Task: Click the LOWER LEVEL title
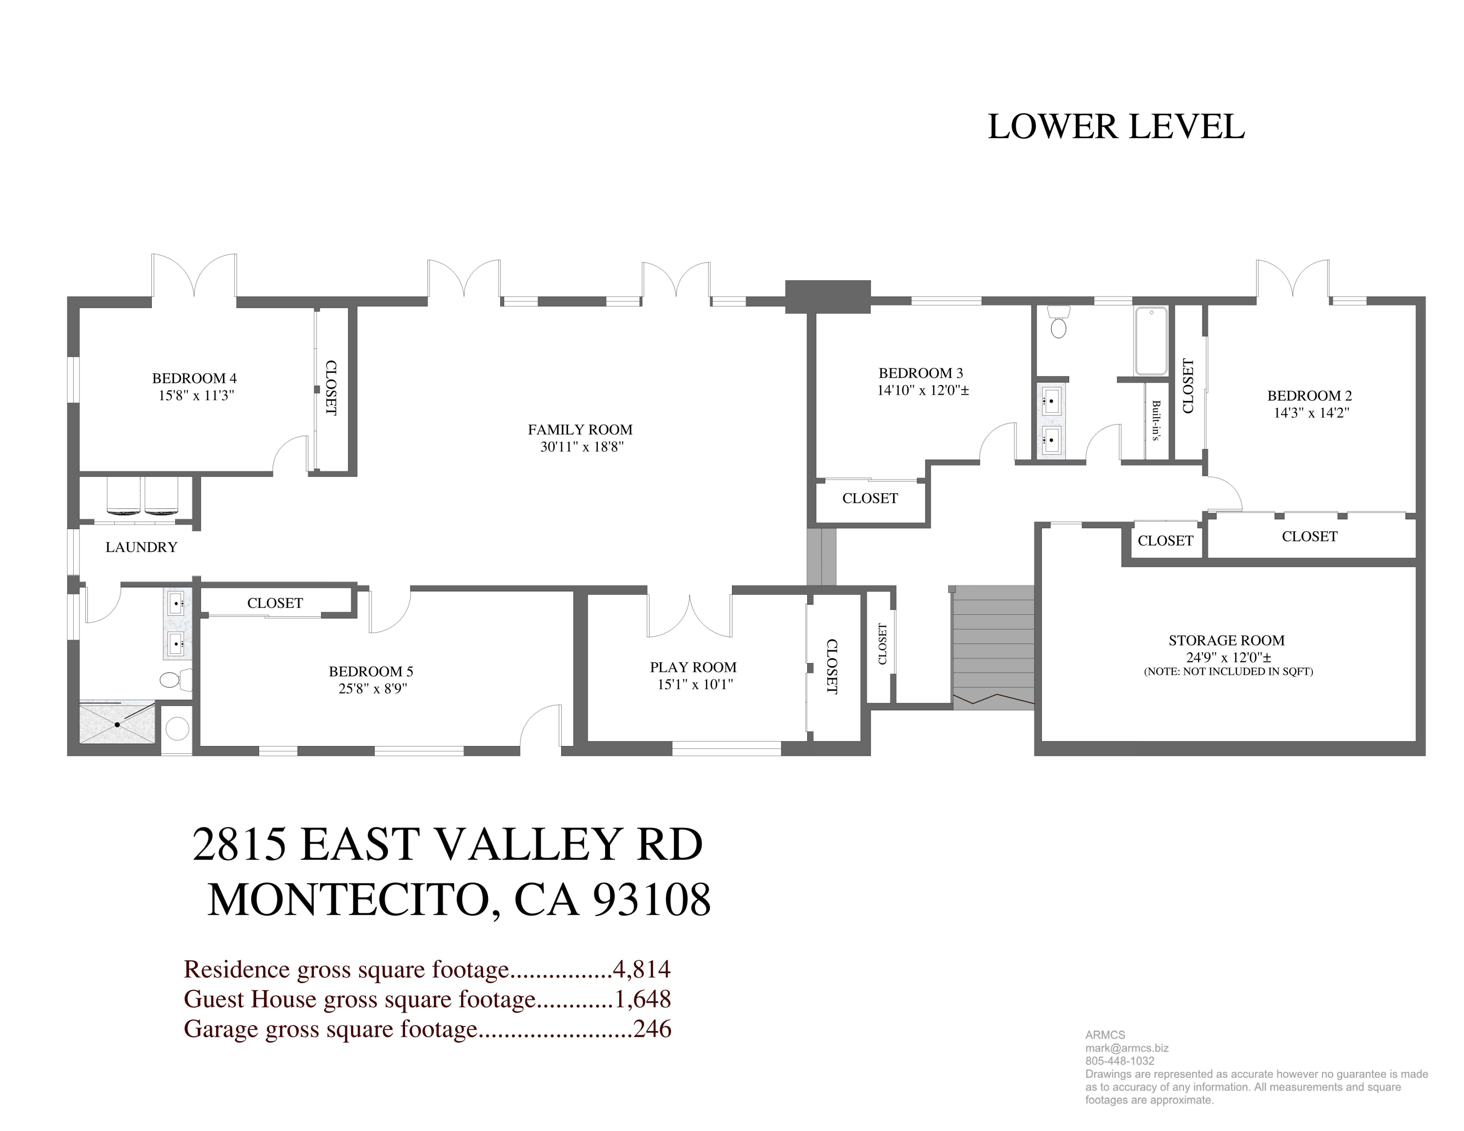pyautogui.click(x=1116, y=127)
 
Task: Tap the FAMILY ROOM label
pyautogui.click(x=580, y=429)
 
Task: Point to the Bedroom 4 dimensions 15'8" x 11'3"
pyautogui.click(x=196, y=395)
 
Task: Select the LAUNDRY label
pyautogui.click(x=142, y=547)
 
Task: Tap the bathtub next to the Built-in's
pyautogui.click(x=1151, y=341)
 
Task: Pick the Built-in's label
pyautogui.click(x=1156, y=420)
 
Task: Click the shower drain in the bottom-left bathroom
pyautogui.click(x=117, y=724)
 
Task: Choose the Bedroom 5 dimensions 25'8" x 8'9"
pyautogui.click(x=373, y=688)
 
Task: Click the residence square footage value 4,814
pyautogui.click(x=642, y=969)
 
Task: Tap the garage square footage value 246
pyautogui.click(x=652, y=1028)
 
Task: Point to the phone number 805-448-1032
pyautogui.click(x=1120, y=1061)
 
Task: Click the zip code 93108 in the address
pyautogui.click(x=651, y=899)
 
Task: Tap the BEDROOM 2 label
pyautogui.click(x=1309, y=395)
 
